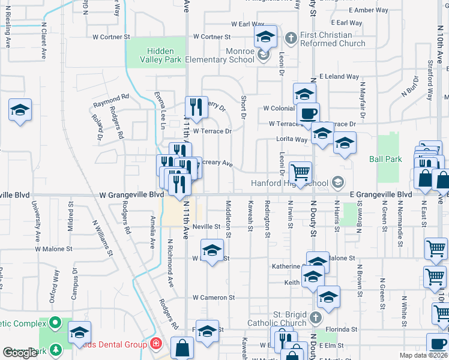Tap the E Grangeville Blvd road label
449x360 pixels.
[x=381, y=195]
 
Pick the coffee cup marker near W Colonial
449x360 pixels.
[x=308, y=114]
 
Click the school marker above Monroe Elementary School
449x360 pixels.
[x=265, y=38]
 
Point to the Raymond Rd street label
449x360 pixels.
[x=111, y=100]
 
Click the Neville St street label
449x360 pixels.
[x=208, y=227]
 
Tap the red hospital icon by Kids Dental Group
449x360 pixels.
[x=156, y=344]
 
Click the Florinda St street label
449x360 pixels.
[x=342, y=329]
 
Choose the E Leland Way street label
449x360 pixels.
[x=339, y=77]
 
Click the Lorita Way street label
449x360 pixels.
[x=292, y=139]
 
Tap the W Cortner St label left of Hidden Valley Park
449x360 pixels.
[x=111, y=37]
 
